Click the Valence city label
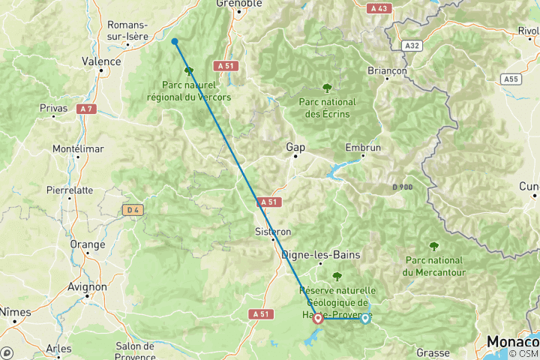click(x=101, y=61)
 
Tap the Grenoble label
click(x=239, y=4)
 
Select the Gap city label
click(x=295, y=148)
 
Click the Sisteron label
click(x=273, y=232)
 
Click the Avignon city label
click(x=87, y=286)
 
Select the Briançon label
click(x=387, y=70)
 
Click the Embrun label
click(x=363, y=148)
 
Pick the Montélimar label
click(x=77, y=148)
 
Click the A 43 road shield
click(x=379, y=8)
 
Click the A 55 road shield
click(x=511, y=78)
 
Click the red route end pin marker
click(x=318, y=319)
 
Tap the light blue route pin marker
click(x=365, y=318)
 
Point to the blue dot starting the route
click(x=174, y=42)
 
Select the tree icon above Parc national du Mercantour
click(x=433, y=245)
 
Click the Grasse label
click(x=433, y=352)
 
